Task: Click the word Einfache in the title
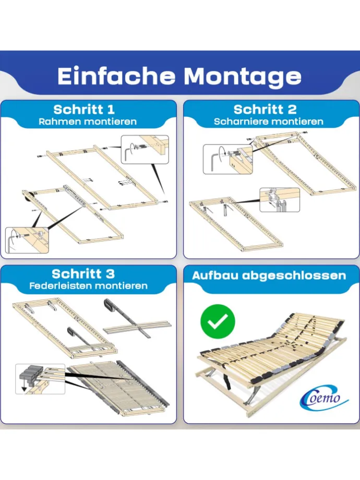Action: tap(116, 76)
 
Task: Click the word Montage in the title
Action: tap(243, 77)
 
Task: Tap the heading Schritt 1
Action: tap(84, 109)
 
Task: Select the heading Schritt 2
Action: tap(265, 109)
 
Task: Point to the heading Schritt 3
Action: tap(83, 273)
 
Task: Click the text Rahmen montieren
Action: tap(88, 122)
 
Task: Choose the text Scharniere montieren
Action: tap(269, 122)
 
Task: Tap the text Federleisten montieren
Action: tap(89, 286)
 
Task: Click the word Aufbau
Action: tap(215, 275)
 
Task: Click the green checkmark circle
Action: tap(218, 321)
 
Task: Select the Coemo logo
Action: tap(322, 397)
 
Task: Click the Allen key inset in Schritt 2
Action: tap(228, 159)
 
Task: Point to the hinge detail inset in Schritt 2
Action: tap(280, 200)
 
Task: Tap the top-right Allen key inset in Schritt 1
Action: tap(145, 149)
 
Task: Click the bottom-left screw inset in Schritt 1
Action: tap(27, 241)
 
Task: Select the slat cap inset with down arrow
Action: tap(40, 379)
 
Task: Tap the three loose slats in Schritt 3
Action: tap(137, 328)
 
